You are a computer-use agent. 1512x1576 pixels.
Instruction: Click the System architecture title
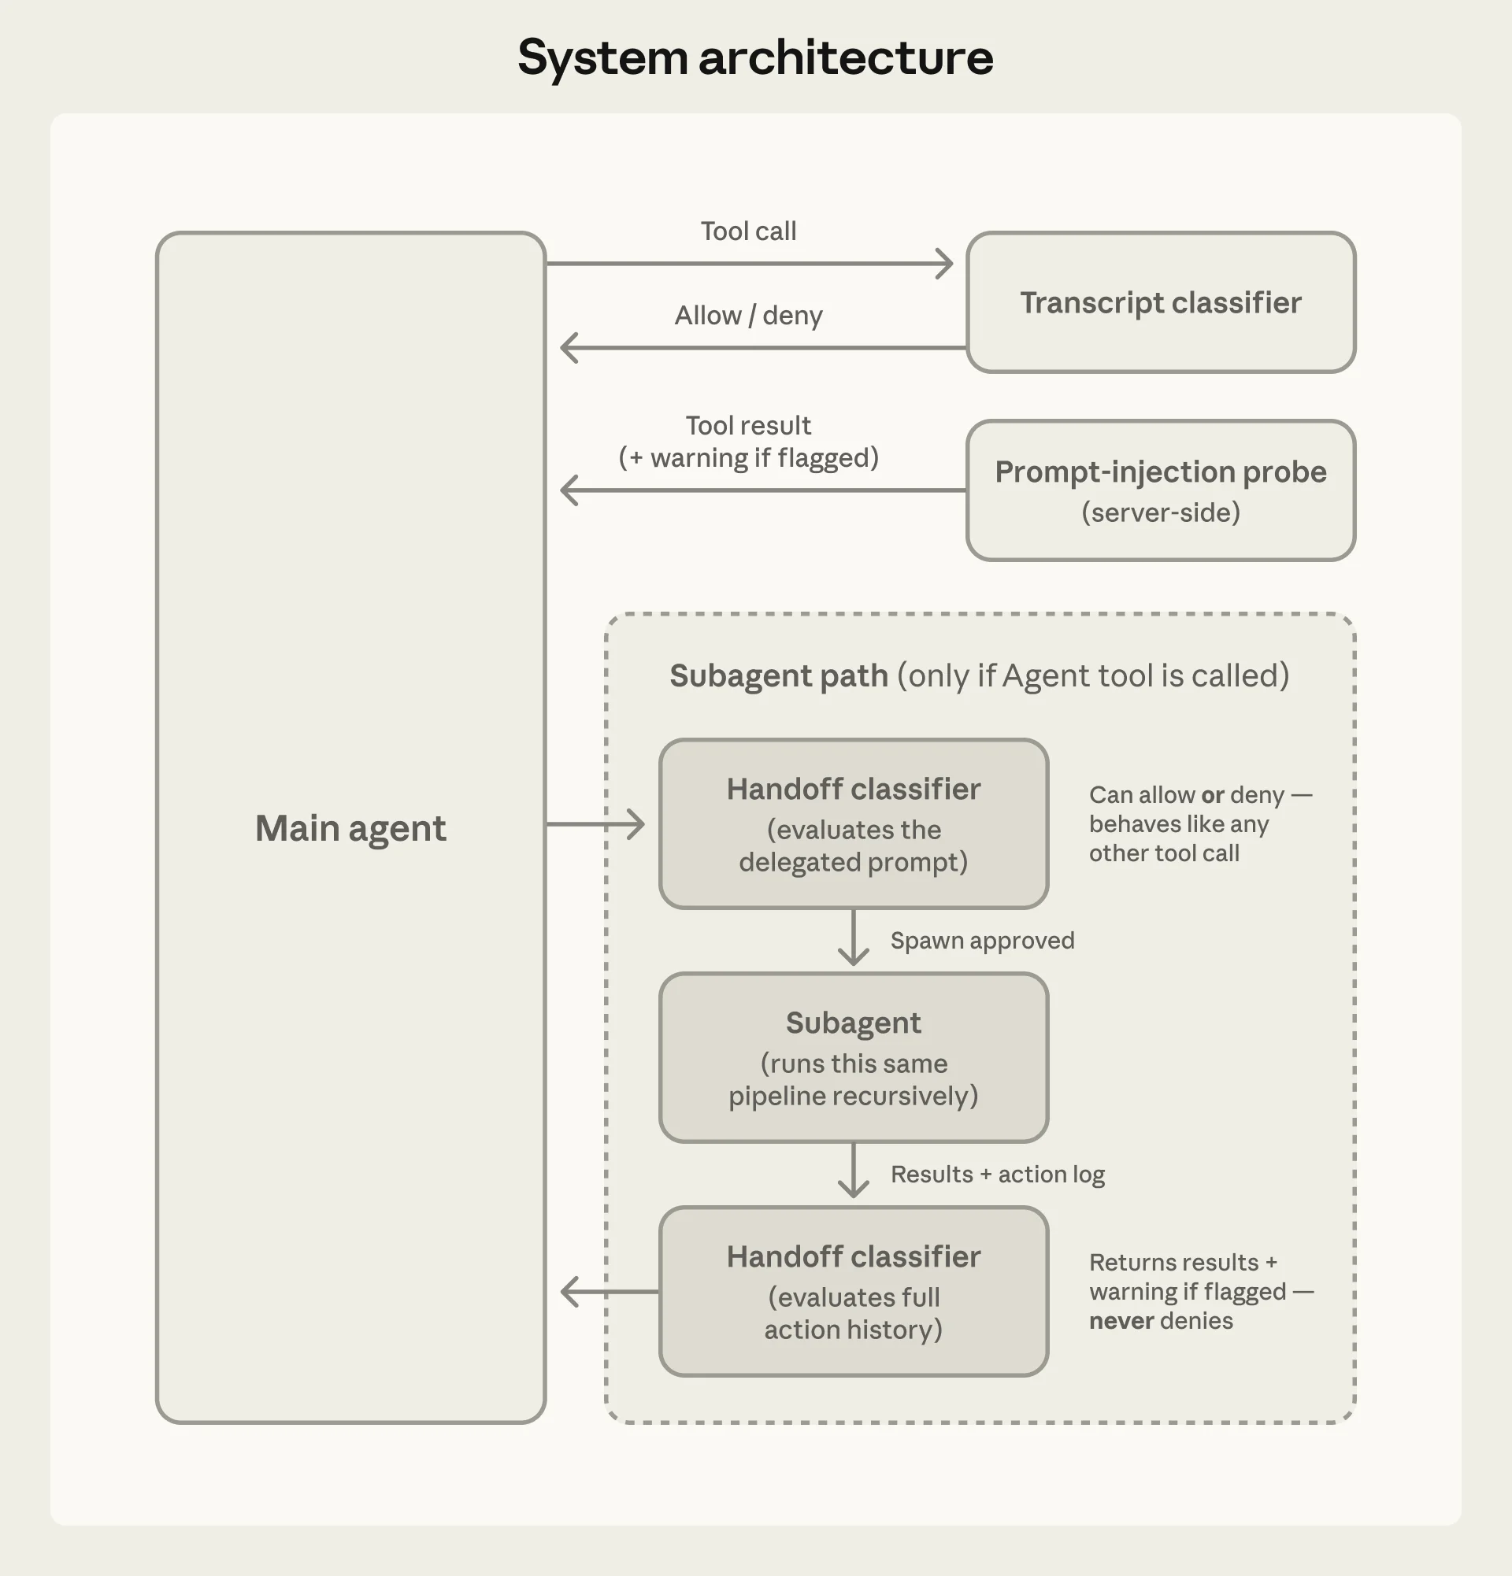click(755, 58)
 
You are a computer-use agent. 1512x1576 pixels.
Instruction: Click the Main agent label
click(350, 828)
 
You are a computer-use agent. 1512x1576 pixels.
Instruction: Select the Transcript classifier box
click(1160, 302)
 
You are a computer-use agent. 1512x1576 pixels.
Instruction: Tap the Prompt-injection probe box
click(1160, 490)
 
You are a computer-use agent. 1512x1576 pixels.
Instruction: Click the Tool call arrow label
click(748, 231)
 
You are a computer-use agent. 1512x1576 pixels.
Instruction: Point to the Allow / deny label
click(748, 315)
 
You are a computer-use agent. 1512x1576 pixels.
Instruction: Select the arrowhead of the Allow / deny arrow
click(569, 348)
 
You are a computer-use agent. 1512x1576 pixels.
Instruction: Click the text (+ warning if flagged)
click(748, 458)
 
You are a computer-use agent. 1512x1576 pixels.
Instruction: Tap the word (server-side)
click(1160, 512)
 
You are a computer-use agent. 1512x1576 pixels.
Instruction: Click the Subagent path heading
click(779, 676)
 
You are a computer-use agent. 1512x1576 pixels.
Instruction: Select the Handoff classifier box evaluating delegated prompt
click(853, 823)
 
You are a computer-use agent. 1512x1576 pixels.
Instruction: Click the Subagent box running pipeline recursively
click(853, 1057)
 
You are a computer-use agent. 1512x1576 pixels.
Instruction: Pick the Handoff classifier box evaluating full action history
click(853, 1291)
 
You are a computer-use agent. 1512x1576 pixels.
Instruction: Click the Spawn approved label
click(982, 941)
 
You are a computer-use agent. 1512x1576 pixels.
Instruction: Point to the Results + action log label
click(997, 1175)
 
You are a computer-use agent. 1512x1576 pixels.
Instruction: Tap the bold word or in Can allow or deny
click(1212, 795)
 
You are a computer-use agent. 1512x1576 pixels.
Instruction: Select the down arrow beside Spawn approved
click(853, 941)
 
